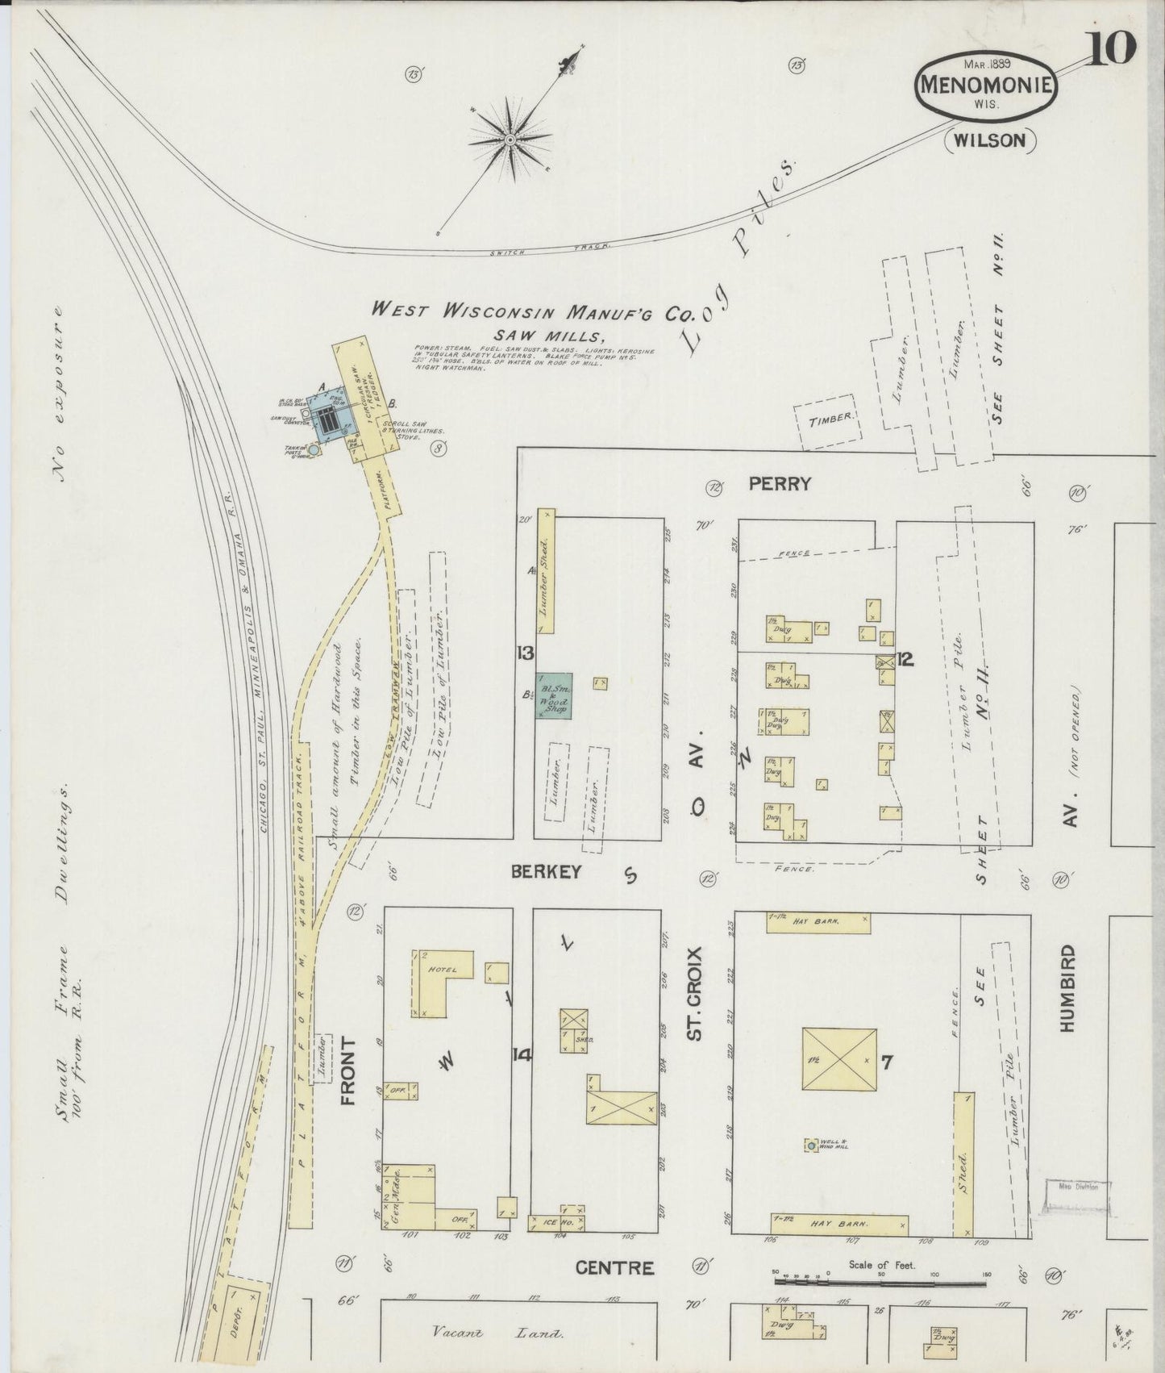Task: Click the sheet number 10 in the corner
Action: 1114,50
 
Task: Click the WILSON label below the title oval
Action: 990,140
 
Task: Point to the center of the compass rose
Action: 510,140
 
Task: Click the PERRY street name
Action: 778,484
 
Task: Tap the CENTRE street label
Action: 626,1269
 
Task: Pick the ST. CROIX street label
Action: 697,995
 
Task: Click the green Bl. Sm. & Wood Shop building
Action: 555,695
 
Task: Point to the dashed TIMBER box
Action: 826,419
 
